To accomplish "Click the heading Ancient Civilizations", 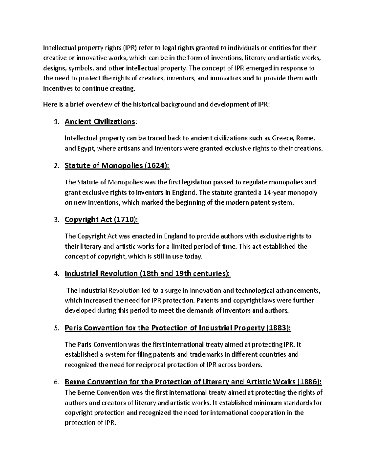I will [x=100, y=122].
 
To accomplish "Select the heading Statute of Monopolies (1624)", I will [x=117, y=166].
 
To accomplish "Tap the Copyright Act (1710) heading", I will [x=102, y=220].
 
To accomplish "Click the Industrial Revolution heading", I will [x=147, y=273].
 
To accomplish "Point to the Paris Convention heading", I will [x=178, y=328].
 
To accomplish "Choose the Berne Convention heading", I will [x=193, y=382].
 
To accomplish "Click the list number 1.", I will [x=55, y=122].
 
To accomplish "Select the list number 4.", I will [x=55, y=274].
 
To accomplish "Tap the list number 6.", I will [x=55, y=382].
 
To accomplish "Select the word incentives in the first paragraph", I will [x=57, y=89].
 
